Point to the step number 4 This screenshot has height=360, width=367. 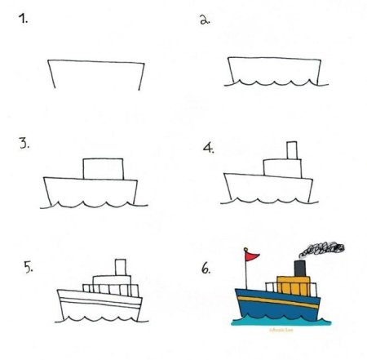[x=208, y=148]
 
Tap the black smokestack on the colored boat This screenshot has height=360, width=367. [x=299, y=269]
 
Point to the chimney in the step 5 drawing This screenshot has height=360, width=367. [x=122, y=268]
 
